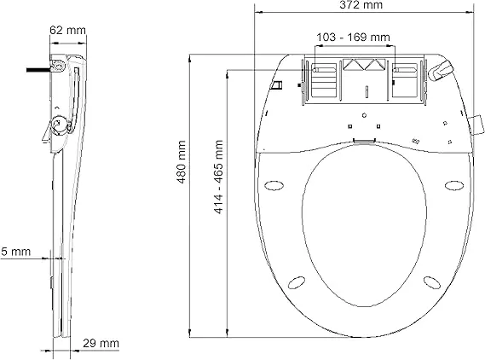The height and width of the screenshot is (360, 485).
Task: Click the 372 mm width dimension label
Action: (361, 5)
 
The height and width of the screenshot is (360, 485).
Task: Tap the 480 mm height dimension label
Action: (182, 162)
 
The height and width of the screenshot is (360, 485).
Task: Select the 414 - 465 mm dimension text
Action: (218, 177)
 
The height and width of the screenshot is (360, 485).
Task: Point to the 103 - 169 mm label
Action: (353, 38)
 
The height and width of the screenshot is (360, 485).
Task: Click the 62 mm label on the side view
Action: (67, 30)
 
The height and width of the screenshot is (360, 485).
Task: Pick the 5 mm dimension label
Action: (15, 252)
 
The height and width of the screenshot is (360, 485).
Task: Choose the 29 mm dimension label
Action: (101, 343)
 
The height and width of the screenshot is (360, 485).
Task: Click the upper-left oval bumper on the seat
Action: (274, 186)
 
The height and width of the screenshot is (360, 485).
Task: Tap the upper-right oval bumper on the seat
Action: (454, 186)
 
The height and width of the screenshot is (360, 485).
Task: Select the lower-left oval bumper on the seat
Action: (297, 282)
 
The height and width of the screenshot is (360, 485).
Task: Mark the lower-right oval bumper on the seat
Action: (432, 282)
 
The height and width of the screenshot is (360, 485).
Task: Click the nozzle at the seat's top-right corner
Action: (441, 70)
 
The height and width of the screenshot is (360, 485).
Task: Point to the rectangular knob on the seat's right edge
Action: (476, 125)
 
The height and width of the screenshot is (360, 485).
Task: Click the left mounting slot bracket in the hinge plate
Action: (324, 80)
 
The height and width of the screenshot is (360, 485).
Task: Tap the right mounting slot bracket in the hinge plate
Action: (405, 80)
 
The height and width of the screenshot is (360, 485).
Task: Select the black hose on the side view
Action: (38, 70)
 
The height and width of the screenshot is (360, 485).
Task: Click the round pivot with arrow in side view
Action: (59, 125)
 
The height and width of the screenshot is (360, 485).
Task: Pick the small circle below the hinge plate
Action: (364, 115)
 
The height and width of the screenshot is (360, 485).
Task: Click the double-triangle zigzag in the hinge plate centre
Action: (364, 65)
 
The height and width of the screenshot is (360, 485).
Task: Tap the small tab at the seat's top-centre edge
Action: (364, 141)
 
